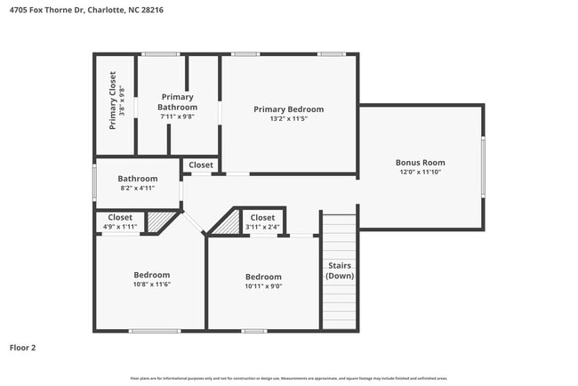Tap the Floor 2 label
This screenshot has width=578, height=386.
tap(22, 348)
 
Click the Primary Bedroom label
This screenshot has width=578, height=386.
tap(288, 109)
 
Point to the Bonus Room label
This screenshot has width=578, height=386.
tap(420, 163)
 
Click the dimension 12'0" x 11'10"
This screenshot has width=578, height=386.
tap(420, 173)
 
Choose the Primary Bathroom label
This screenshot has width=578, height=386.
tap(177, 101)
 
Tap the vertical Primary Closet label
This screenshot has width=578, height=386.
tap(113, 101)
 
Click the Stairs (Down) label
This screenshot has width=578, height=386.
tap(339, 270)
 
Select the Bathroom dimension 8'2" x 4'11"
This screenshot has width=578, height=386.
tap(138, 188)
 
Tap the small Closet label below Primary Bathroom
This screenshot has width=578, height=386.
tap(201, 165)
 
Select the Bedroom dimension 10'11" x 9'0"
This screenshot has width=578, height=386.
tap(263, 286)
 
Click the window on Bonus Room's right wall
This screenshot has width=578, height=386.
tap(483, 166)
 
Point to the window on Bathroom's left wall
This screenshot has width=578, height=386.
tap(95, 182)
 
